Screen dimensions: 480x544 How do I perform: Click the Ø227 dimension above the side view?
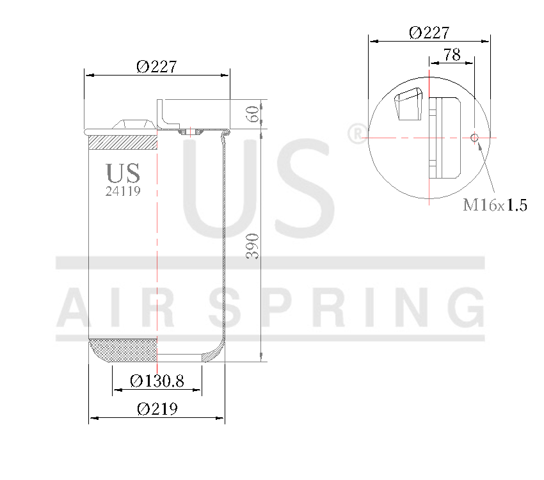(x=156, y=66)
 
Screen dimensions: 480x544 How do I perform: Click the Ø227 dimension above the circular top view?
(x=429, y=33)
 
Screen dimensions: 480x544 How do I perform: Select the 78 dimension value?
(x=452, y=55)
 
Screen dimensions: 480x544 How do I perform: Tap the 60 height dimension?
(x=253, y=115)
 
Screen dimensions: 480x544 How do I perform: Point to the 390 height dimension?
(x=253, y=246)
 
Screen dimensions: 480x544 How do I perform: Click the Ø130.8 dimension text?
(x=157, y=381)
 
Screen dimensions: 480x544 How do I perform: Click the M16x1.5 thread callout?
(x=495, y=205)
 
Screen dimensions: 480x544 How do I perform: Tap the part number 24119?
(x=123, y=191)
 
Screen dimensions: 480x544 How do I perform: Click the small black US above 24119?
(x=123, y=173)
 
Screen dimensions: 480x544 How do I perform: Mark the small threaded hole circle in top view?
(x=474, y=138)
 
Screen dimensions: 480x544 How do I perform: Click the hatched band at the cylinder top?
(x=122, y=142)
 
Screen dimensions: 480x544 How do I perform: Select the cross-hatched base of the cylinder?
(x=122, y=349)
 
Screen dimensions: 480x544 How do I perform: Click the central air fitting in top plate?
(x=189, y=131)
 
